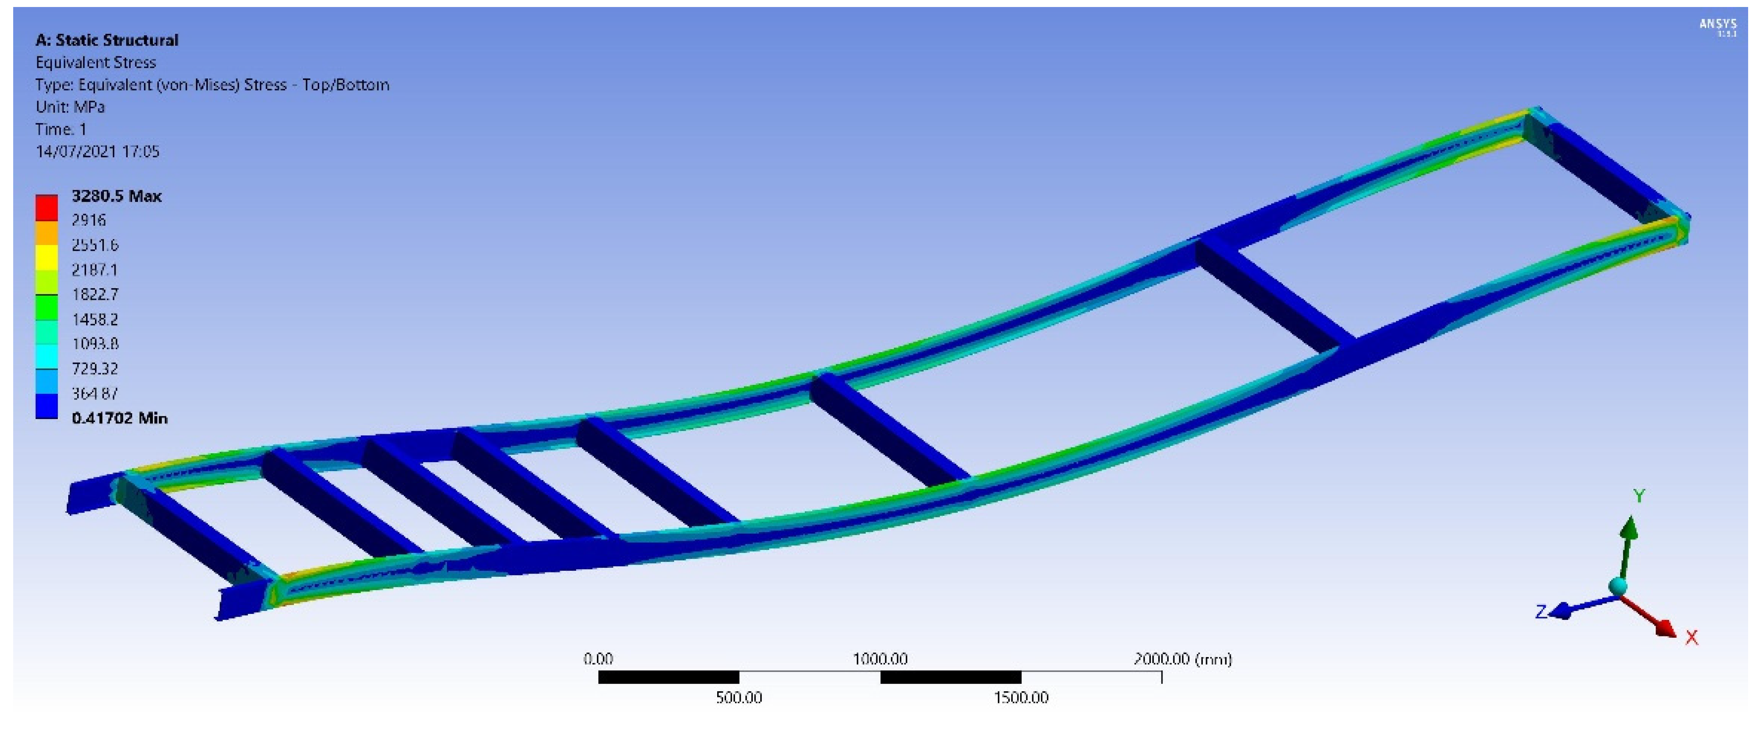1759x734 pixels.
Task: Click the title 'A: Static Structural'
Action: tap(107, 40)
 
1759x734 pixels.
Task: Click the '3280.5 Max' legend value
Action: tap(116, 196)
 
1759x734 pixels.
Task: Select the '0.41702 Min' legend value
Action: tap(119, 418)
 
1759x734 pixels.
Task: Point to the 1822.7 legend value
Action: tap(95, 294)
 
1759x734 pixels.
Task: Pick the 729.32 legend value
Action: tap(95, 369)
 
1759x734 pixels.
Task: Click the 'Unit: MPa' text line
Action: tap(70, 107)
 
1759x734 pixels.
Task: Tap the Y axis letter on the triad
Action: tap(1639, 496)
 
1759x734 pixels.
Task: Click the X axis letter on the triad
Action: tap(1692, 638)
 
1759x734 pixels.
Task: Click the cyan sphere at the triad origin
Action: tap(1618, 586)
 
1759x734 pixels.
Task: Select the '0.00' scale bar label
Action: tap(598, 659)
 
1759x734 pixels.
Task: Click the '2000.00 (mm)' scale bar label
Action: tap(1183, 659)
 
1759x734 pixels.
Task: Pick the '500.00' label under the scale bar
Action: tap(739, 698)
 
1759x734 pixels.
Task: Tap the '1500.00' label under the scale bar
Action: tap(1021, 698)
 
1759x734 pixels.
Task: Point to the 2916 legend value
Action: tap(89, 220)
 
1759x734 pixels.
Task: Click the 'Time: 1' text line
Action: tap(61, 130)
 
